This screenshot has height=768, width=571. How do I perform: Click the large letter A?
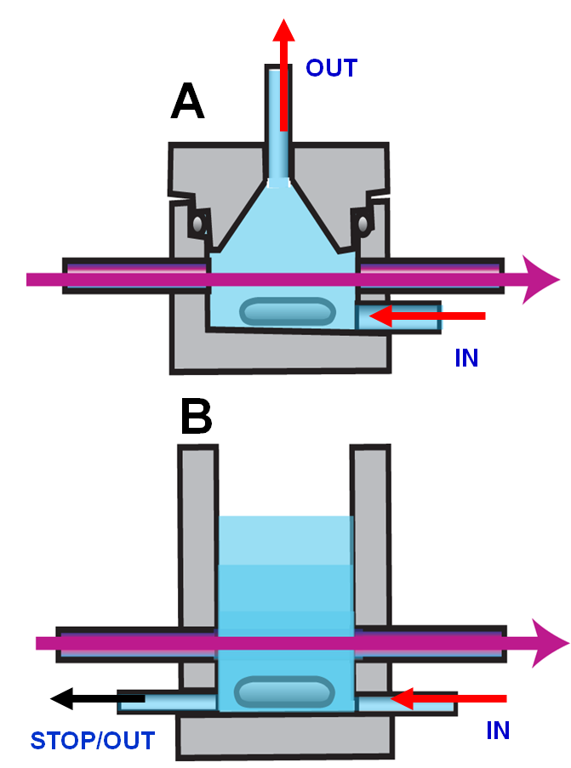pyautogui.click(x=187, y=101)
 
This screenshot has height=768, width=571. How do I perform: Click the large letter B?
pyautogui.click(x=196, y=417)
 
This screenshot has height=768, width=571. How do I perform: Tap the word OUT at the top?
pyautogui.click(x=331, y=67)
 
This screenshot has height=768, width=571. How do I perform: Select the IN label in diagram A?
pyautogui.click(x=466, y=358)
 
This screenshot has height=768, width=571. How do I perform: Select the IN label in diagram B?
pyautogui.click(x=498, y=731)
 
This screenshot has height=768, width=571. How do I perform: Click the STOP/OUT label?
pyautogui.click(x=93, y=741)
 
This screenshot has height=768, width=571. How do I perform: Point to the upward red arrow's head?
pyautogui.click(x=283, y=30)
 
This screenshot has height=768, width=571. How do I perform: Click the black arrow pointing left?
pyautogui.click(x=98, y=698)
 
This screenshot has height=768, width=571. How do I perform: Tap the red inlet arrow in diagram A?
pyautogui.click(x=427, y=316)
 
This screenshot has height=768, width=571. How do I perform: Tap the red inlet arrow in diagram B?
pyautogui.click(x=448, y=698)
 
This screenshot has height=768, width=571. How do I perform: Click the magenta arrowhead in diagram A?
pyautogui.click(x=540, y=280)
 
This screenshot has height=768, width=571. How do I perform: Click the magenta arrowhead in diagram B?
pyautogui.click(x=550, y=643)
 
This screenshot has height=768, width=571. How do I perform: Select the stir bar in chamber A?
pyautogui.click(x=288, y=311)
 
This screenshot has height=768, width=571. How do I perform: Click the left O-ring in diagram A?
pyautogui.click(x=197, y=224)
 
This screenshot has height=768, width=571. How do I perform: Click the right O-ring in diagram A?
pyautogui.click(x=363, y=225)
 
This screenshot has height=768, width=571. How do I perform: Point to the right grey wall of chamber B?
pyautogui.click(x=370, y=535)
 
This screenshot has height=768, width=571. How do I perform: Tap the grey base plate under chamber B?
pyautogui.click(x=285, y=737)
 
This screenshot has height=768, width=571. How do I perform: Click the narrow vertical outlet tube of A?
pyautogui.click(x=278, y=125)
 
